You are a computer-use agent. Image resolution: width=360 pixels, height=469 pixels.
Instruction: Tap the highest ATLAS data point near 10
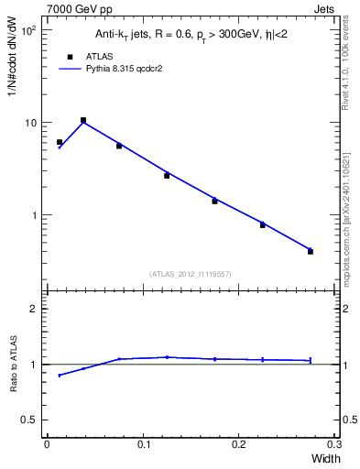tap(83, 120)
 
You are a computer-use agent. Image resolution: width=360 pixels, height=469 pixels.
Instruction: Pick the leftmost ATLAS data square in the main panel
tap(60, 142)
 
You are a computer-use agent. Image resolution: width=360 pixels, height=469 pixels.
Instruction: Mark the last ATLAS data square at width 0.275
tap(311, 251)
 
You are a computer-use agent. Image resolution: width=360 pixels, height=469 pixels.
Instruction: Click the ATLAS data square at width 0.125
tap(167, 175)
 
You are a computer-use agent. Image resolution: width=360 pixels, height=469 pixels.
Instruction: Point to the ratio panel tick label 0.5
tap(29, 420)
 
